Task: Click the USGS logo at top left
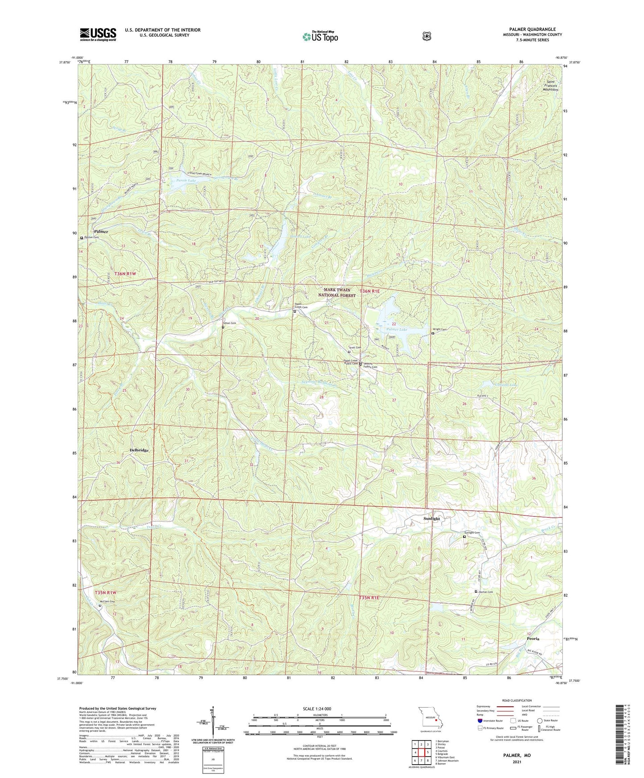[x=98, y=34]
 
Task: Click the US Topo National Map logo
[x=320, y=36]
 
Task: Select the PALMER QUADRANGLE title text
[x=529, y=29]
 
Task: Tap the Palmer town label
[x=101, y=232]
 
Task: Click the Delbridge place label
[x=139, y=450]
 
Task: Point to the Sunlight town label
[x=431, y=519]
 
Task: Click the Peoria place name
[x=533, y=639]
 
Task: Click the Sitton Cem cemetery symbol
[x=223, y=327]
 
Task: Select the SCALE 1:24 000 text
[x=317, y=708]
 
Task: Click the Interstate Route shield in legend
[x=480, y=721]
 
